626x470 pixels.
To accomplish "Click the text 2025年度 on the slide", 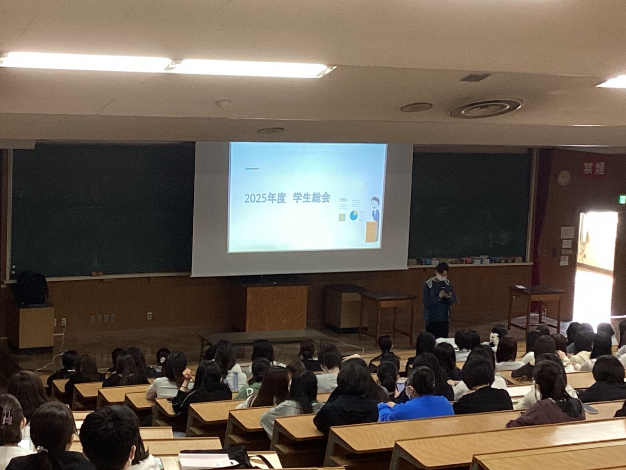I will point(265,198).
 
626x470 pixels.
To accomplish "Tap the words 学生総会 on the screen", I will point(311,197).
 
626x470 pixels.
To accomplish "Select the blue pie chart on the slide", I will point(354,215).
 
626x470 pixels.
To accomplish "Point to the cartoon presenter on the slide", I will point(375,210).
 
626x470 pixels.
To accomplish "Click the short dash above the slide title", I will point(251,169).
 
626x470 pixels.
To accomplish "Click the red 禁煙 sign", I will point(594,168).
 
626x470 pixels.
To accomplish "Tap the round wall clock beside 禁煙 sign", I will point(564,177).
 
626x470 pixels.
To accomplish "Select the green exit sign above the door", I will point(622,200).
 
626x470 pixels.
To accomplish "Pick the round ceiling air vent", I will point(485,108).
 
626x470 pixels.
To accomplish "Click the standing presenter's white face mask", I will point(441,277).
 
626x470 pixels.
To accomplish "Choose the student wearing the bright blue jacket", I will point(416,401).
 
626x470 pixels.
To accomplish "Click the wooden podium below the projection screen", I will point(276,308).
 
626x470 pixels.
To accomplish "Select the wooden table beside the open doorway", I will point(536,303).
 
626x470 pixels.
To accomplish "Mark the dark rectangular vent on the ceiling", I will point(475,78).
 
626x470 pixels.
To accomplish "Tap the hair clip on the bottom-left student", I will point(6,418).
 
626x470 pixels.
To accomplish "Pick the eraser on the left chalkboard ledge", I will point(95,274).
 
